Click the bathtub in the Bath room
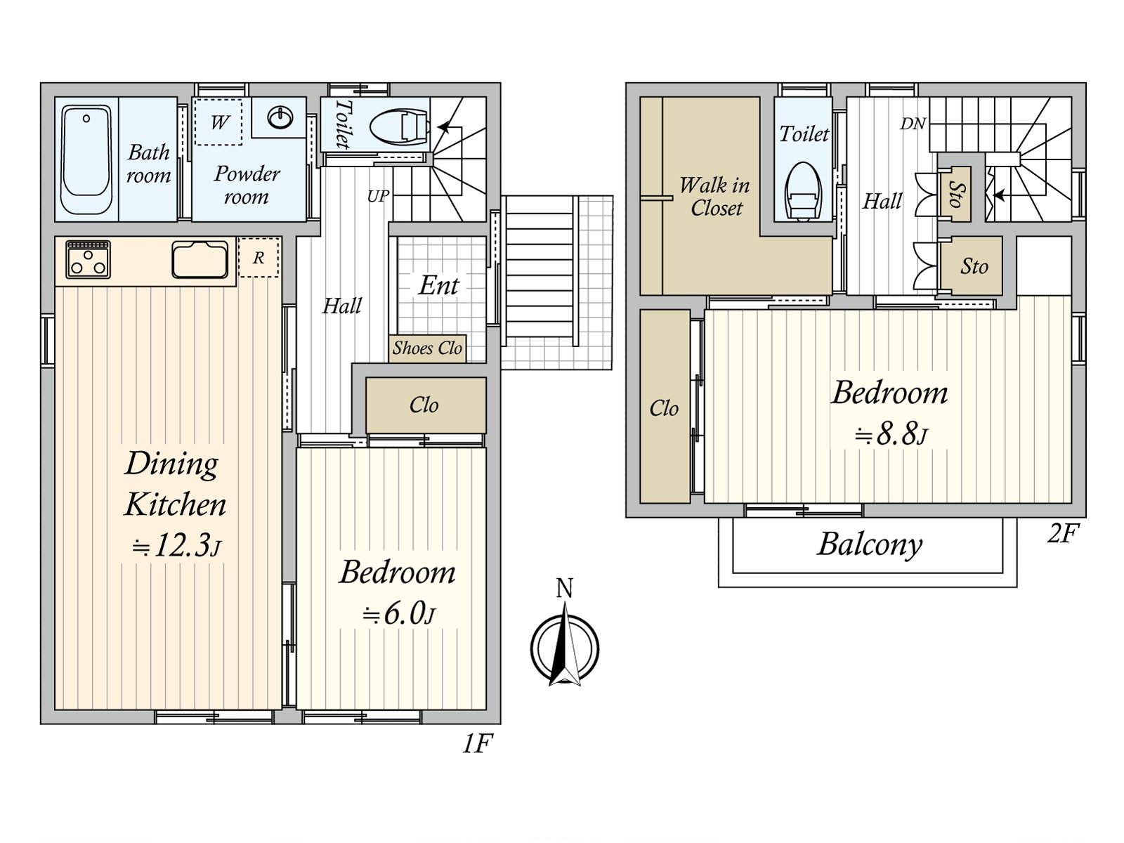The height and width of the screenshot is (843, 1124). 86,159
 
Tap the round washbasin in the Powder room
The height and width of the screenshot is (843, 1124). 280,118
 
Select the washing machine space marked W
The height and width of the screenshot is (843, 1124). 218,122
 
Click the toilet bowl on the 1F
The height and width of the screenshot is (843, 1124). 399,126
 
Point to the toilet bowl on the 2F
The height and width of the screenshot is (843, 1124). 804,191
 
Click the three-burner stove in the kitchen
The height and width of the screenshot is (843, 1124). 88,259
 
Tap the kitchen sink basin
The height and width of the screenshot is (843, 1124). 200,259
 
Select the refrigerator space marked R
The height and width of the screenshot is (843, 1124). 259,257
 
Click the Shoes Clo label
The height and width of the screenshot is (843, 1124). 427,348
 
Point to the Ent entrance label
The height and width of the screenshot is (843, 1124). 439,285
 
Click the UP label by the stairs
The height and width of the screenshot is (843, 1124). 378,196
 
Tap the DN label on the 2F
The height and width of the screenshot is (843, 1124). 913,124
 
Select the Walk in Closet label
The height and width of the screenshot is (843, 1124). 715,197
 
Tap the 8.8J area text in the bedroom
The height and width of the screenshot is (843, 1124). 891,435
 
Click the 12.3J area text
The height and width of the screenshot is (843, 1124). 176,546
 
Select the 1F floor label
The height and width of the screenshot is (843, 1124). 477,744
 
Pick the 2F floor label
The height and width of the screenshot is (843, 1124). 1063,534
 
